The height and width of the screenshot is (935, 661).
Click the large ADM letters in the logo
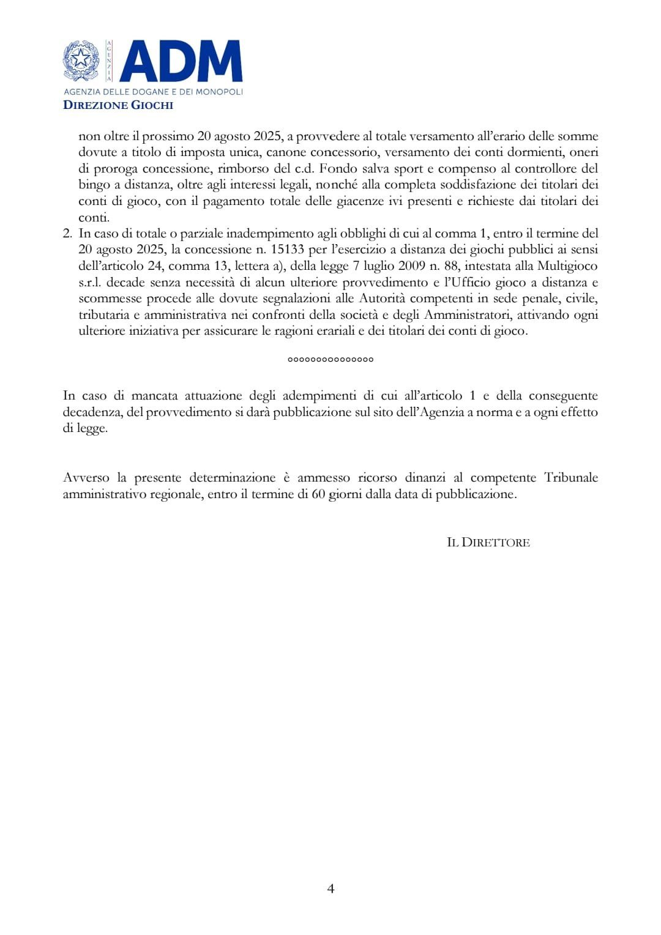[181, 61]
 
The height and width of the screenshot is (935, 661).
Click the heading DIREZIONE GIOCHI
[118, 105]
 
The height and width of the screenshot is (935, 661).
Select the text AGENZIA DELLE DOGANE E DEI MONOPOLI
[153, 91]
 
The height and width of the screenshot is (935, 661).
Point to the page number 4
[330, 888]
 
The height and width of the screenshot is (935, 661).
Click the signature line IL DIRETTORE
[488, 542]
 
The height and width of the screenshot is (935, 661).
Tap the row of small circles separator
[330, 359]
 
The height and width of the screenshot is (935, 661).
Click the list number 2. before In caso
[67, 233]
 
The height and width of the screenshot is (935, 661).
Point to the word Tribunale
[571, 477]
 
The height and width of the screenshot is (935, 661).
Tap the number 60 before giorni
[318, 494]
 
